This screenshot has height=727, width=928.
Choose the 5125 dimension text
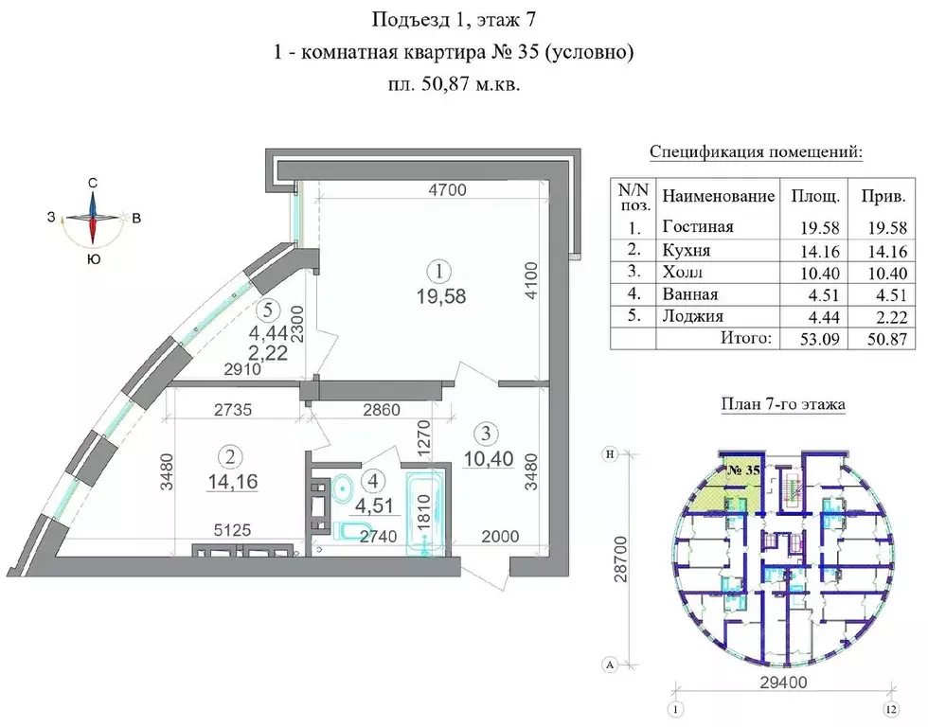click(232, 531)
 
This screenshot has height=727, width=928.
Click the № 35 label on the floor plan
click(747, 470)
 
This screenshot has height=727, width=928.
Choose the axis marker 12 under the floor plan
click(889, 709)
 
